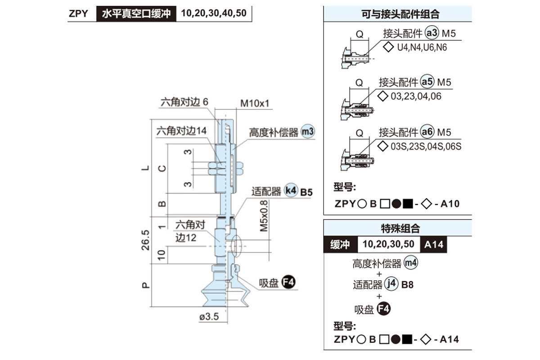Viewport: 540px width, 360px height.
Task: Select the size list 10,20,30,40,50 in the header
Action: pyautogui.click(x=214, y=13)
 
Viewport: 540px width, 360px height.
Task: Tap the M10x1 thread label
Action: pyautogui.click(x=254, y=103)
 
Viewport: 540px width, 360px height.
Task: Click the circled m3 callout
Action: pyautogui.click(x=308, y=132)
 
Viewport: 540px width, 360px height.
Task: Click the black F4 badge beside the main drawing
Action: pyautogui.click(x=288, y=282)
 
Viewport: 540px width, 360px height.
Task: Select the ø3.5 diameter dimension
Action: pyautogui.click(x=208, y=317)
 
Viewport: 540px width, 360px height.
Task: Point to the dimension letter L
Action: pyautogui.click(x=144, y=168)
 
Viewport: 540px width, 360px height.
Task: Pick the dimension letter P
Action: pyautogui.click(x=145, y=285)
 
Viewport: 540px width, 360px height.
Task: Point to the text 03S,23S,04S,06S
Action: pyautogui.click(x=426, y=147)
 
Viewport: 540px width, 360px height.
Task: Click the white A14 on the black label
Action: pyautogui.click(x=434, y=244)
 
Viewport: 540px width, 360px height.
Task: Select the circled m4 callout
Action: pyautogui.click(x=411, y=263)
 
